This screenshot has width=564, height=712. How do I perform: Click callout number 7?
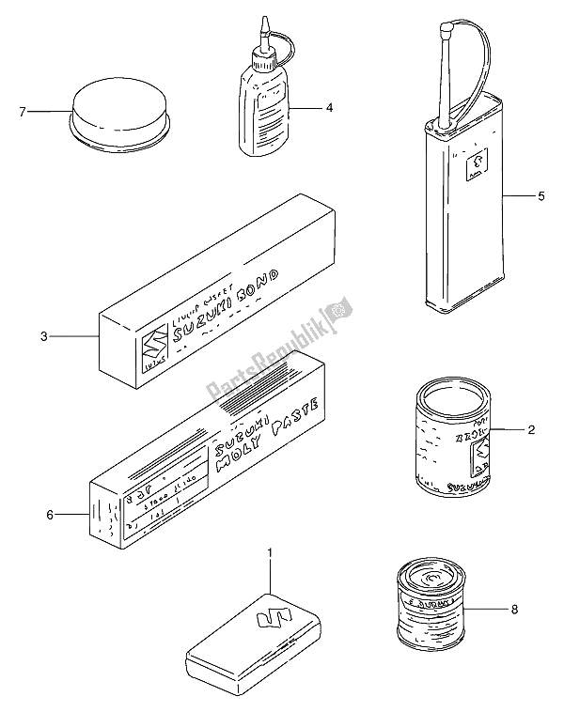coord(22,113)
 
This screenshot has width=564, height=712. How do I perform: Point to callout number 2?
coord(531,431)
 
